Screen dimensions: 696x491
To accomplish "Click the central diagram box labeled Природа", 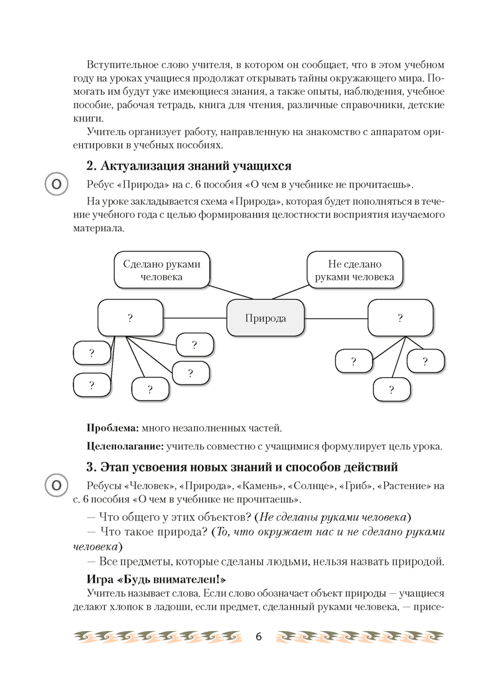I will [265, 318].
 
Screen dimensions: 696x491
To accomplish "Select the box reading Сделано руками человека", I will [161, 270].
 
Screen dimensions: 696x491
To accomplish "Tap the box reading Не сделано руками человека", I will [354, 270].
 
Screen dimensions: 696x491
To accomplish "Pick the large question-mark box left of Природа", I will [130, 318].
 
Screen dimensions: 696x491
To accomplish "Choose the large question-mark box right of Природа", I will [400, 318].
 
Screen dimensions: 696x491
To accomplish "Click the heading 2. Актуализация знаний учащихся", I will [189, 165].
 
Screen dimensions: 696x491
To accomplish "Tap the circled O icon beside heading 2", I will [57, 184].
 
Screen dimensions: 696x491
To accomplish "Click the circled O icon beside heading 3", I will [57, 485].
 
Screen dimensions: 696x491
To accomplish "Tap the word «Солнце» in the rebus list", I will [311, 486].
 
